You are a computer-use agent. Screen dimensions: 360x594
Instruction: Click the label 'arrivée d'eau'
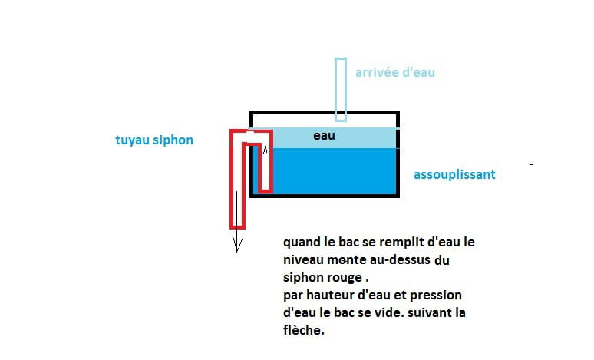coord(395,73)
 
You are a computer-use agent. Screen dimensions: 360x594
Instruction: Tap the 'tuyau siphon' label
coord(150,140)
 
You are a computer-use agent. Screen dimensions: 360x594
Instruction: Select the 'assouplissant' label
coord(454,174)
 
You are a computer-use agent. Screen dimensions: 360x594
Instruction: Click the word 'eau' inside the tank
coord(324,136)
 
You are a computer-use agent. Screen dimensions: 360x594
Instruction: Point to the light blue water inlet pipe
coord(341,88)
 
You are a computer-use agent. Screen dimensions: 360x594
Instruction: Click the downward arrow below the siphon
coord(238,242)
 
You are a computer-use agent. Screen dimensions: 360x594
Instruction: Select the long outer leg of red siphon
coord(238,184)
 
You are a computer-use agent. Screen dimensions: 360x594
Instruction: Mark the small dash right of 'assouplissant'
coord(531,164)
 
